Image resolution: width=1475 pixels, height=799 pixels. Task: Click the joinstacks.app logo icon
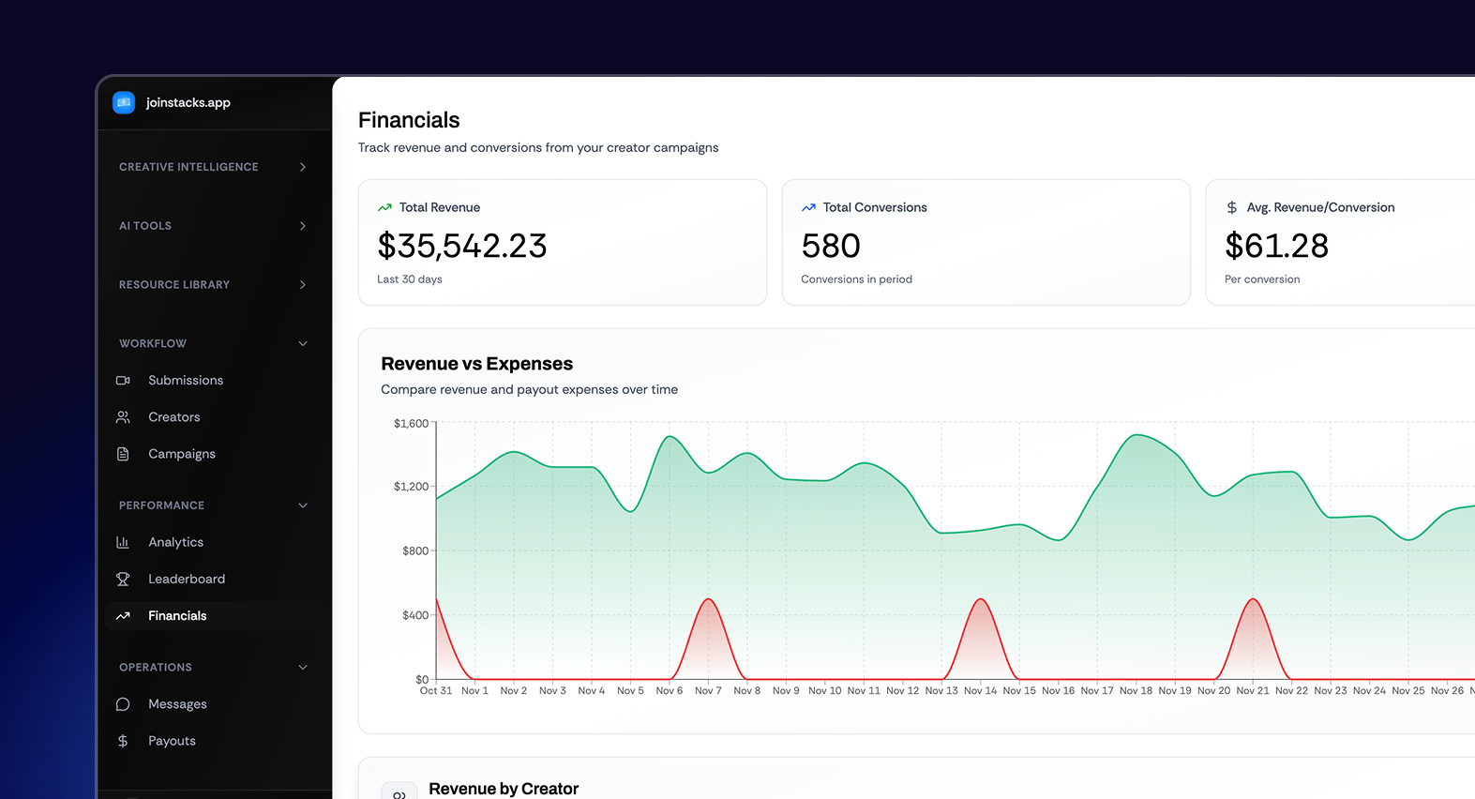[x=124, y=102]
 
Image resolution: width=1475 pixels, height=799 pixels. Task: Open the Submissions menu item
[x=185, y=380]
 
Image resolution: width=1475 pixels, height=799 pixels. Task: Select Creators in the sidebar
[x=173, y=416]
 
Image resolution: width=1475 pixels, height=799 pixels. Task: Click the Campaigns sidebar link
[x=181, y=454]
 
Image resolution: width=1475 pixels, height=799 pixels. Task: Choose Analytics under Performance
[x=175, y=542]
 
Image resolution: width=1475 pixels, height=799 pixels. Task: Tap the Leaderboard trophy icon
[x=123, y=579]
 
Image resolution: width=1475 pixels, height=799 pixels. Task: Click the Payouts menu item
[x=172, y=741]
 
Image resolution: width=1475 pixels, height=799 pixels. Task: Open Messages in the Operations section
[x=177, y=704]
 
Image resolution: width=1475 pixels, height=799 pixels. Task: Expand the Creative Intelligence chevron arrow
[x=303, y=167]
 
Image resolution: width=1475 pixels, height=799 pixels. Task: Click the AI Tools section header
[x=145, y=226]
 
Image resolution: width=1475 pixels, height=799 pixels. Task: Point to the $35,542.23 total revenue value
[x=461, y=246]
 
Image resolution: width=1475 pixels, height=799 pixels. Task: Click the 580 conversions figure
[x=831, y=246]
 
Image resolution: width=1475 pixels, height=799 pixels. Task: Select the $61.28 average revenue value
[x=1276, y=246]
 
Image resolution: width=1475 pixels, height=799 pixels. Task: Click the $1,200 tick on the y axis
[x=411, y=487]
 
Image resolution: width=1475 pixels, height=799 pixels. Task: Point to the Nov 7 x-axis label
[x=708, y=691]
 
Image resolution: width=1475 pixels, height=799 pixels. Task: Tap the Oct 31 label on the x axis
[x=435, y=691]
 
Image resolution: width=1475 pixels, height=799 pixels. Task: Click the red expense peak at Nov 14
[x=980, y=600]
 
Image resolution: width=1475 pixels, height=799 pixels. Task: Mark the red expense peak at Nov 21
[x=1252, y=600]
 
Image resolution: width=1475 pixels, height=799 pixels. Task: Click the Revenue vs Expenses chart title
[x=476, y=364]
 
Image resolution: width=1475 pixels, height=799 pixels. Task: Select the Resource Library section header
[x=174, y=285]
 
